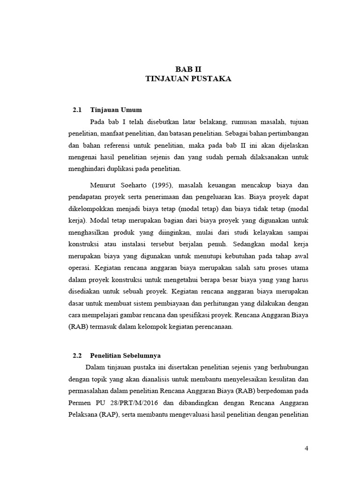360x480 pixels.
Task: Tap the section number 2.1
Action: click(x=77, y=110)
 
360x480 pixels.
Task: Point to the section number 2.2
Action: click(x=77, y=355)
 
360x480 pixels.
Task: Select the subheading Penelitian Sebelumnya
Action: click(x=125, y=355)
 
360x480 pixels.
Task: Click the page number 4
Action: click(x=307, y=449)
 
